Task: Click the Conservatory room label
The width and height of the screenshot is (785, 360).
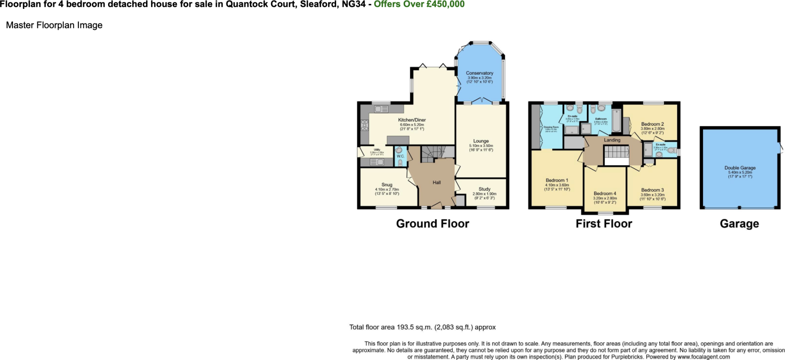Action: pyautogui.click(x=480, y=73)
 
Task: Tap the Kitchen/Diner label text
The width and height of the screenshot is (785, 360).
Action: pyautogui.click(x=412, y=120)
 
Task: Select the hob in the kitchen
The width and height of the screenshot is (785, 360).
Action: pyautogui.click(x=96, y=125)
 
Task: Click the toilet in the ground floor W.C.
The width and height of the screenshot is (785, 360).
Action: pyautogui.click(x=400, y=162)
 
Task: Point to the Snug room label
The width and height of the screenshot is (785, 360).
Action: pyautogui.click(x=387, y=185)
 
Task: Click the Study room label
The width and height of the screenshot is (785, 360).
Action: pyautogui.click(x=484, y=189)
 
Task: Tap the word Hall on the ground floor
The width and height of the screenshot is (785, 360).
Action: pyautogui.click(x=437, y=182)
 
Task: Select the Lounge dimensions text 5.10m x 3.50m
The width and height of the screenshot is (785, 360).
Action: pyautogui.click(x=481, y=146)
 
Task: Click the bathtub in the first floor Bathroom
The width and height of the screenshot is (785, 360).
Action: pyautogui.click(x=616, y=120)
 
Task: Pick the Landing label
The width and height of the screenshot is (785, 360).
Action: pyautogui.click(x=612, y=140)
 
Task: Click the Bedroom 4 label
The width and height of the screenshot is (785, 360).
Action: pyautogui.click(x=605, y=194)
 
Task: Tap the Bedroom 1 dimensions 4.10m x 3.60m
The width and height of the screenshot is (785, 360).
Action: pyautogui.click(x=557, y=185)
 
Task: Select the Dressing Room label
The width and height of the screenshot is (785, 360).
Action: pyautogui.click(x=551, y=127)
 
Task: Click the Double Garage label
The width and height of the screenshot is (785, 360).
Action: pyautogui.click(x=740, y=168)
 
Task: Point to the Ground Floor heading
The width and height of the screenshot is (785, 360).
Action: pyautogui.click(x=432, y=224)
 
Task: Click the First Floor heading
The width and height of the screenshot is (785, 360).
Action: pyautogui.click(x=604, y=224)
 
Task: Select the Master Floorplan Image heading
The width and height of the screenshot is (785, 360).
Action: pyautogui.click(x=54, y=25)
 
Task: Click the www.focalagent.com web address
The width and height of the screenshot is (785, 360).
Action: pyautogui.click(x=703, y=357)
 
